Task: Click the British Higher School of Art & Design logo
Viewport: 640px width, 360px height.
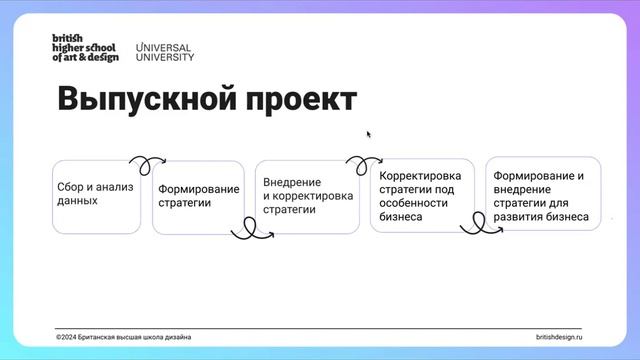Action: [85, 48]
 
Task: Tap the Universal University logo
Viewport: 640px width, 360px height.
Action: [164, 51]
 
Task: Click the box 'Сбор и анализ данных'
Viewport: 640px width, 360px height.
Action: [96, 196]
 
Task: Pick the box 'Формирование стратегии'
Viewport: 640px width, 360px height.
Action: [198, 198]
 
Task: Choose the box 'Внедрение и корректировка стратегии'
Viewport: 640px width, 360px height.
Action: [307, 197]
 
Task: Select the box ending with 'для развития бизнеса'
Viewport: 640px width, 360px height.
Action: [542, 195]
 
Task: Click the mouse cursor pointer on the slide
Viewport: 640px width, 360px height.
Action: [369, 133]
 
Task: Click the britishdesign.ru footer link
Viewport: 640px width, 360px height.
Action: [558, 337]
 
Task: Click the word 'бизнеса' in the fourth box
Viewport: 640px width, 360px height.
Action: [400, 216]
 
